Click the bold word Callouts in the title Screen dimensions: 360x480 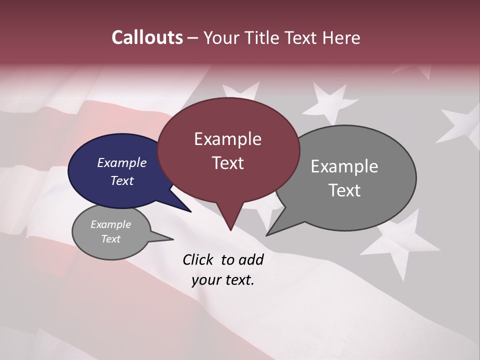147,37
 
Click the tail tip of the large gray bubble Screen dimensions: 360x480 267,234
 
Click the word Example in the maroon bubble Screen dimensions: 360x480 227,139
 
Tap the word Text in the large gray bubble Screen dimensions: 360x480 344,190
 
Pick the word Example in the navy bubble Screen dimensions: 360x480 122,163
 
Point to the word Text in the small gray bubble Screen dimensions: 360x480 111,239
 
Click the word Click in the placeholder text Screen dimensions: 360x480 198,259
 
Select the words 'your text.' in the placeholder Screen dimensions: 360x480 223,280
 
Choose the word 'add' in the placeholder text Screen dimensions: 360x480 251,259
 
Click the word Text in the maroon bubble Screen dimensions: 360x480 228,163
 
